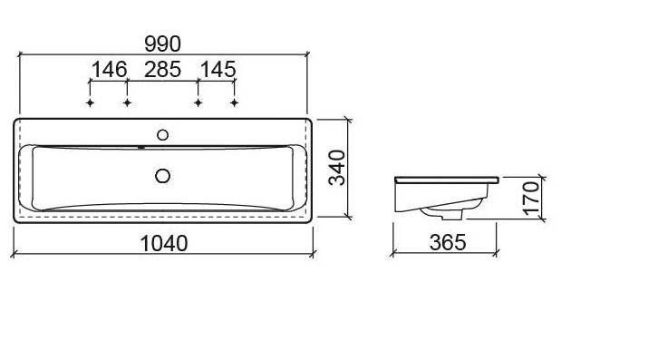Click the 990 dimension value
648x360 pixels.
point(162,44)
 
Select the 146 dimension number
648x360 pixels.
point(109,70)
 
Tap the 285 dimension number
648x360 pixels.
point(162,70)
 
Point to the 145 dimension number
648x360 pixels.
point(218,70)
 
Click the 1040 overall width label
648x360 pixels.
point(164,243)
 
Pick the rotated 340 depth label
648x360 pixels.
point(337,168)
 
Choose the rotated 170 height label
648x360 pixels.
point(531,199)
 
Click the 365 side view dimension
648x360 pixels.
point(448,242)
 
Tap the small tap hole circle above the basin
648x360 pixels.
point(163,135)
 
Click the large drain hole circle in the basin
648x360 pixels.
point(163,176)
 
